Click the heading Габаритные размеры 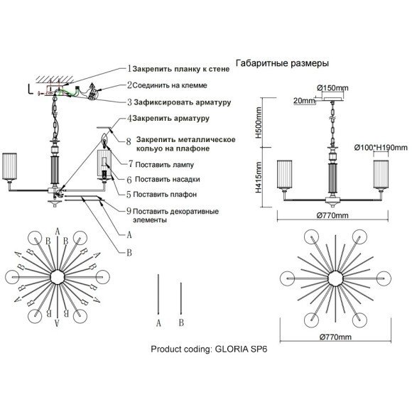[282, 63]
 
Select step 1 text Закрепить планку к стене [181, 69]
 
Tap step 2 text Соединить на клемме [170, 85]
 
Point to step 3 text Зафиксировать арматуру [183, 102]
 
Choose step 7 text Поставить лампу [165, 165]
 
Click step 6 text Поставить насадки [168, 180]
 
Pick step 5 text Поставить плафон [165, 195]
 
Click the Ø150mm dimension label [332, 88]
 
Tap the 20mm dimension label [304, 101]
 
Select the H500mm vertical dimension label [259, 122]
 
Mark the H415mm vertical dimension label [259, 178]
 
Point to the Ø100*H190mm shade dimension [381, 148]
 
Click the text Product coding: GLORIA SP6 [209, 349]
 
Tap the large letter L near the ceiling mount [31, 90]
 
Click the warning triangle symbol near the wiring [92, 86]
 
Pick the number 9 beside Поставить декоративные [129, 211]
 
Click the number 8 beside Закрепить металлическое [129, 142]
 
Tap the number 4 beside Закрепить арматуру [129, 119]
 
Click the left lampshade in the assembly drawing [9, 167]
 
